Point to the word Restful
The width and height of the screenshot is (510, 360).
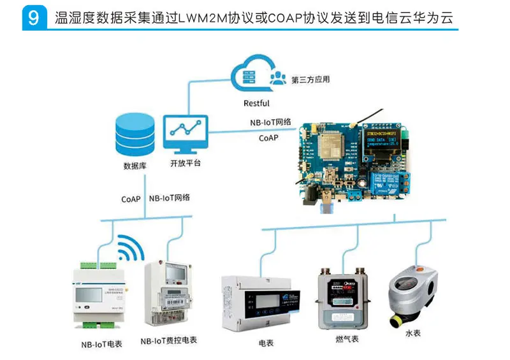pos(256,103)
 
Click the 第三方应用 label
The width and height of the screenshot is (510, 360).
pos(310,80)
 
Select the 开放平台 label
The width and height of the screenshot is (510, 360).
pos(185,163)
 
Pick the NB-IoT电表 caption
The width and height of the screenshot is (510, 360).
pos(101,344)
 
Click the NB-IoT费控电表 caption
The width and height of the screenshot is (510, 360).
pos(169,340)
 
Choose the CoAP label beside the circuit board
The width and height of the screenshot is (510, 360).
pos(267,138)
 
